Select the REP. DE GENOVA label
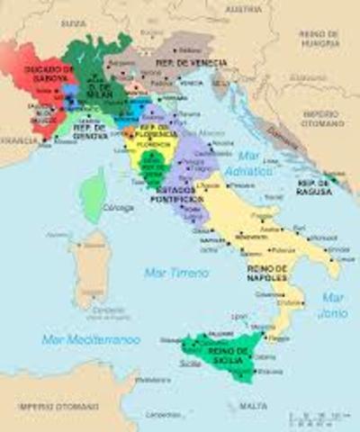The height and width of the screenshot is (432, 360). click(87, 130)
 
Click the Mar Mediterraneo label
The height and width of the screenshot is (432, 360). click(90, 339)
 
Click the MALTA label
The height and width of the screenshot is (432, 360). click(254, 406)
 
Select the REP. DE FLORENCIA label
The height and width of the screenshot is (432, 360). click(155, 133)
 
